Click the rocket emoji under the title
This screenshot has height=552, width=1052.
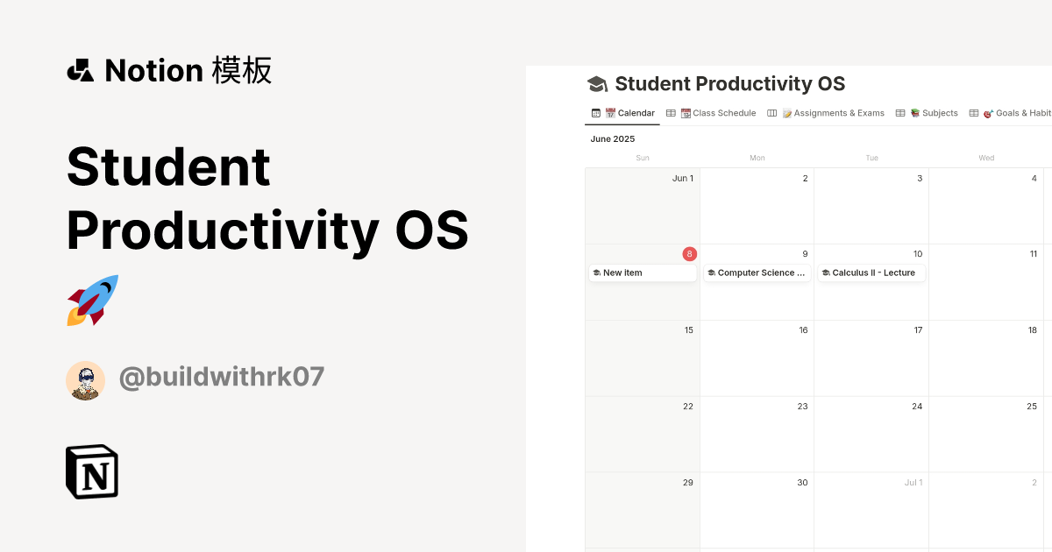(93, 301)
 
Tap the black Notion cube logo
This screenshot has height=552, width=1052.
(92, 472)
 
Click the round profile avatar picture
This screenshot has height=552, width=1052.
(86, 380)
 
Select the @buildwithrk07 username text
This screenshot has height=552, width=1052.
(222, 378)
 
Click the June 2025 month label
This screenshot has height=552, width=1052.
(613, 139)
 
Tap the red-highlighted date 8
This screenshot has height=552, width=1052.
(690, 254)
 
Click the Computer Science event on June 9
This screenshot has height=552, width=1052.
(757, 273)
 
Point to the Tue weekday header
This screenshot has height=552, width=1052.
(871, 159)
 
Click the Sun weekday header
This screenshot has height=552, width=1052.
(643, 159)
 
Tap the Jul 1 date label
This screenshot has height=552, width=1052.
(913, 483)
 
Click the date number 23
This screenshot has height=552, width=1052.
(802, 407)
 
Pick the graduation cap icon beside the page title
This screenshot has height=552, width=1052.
(597, 84)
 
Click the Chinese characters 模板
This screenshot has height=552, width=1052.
(242, 70)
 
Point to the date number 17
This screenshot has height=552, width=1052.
(917, 330)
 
